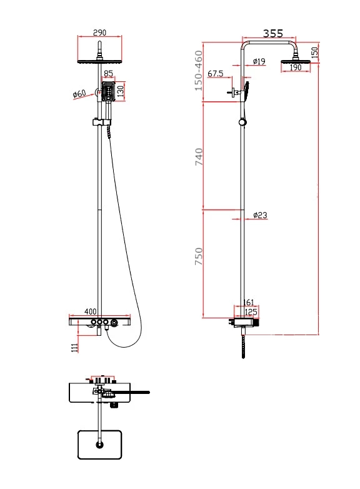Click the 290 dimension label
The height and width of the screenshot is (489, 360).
coord(99,33)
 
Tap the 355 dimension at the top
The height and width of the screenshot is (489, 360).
coord(272,33)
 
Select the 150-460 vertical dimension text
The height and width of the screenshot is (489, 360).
coord(199,71)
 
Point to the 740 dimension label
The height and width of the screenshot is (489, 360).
coord(199,157)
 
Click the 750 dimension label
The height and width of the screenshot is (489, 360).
coord(199,256)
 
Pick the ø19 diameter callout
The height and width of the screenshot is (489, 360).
coord(259,61)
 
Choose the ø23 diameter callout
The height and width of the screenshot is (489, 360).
coord(260,215)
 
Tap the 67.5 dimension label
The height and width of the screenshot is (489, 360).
coord(216,74)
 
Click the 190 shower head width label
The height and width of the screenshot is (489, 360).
coord(296,68)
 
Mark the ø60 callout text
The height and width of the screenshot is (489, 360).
coord(79,94)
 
